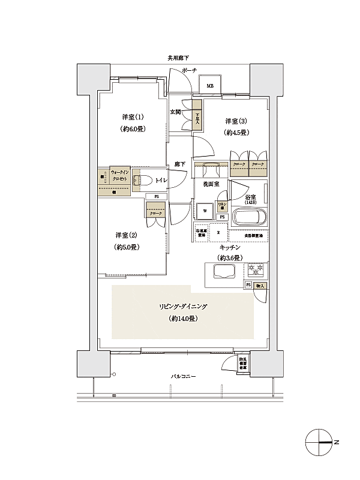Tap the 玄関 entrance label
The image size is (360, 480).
click(176, 112)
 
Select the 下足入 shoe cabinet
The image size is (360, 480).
click(197, 118)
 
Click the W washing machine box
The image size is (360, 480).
click(205, 211)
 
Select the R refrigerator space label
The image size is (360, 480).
click(218, 232)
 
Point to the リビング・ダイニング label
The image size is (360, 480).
click(182, 307)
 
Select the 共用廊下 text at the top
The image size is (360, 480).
click(179, 58)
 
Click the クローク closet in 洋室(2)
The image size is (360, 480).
click(156, 213)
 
